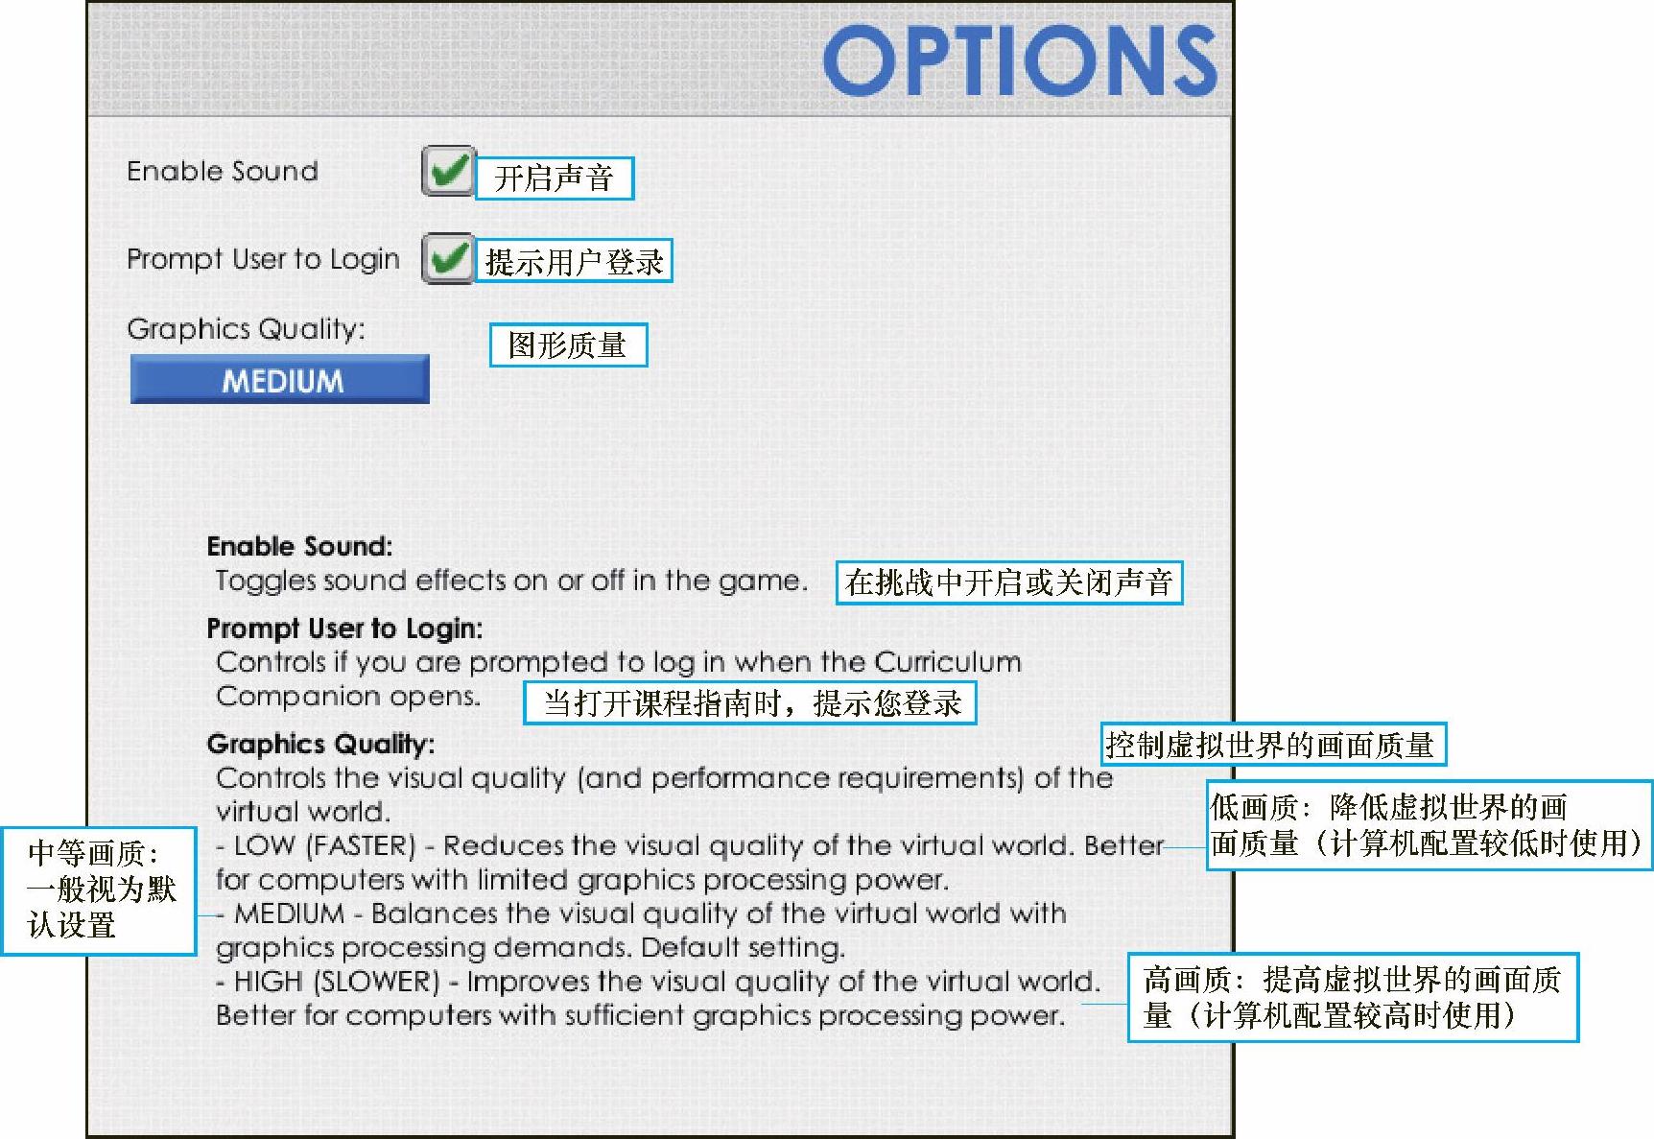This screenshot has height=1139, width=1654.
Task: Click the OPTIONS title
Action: [x=1020, y=60]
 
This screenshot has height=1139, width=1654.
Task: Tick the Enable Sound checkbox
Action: [x=448, y=172]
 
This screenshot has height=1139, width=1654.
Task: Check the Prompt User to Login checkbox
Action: [x=448, y=258]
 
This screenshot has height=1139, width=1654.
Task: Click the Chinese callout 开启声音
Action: [x=555, y=178]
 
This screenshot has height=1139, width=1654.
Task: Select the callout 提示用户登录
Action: [x=574, y=261]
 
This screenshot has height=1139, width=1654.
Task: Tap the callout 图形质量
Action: [x=568, y=344]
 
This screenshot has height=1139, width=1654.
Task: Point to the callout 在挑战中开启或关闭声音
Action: [x=1009, y=582]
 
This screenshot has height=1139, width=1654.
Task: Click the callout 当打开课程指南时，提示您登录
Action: [x=750, y=702]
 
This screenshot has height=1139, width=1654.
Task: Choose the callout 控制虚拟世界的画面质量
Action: [x=1272, y=745]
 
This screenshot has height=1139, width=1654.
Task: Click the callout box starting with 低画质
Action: [x=1430, y=825]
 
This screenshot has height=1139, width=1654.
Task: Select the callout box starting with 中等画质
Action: [x=99, y=890]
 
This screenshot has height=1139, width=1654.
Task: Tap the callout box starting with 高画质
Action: [x=1353, y=997]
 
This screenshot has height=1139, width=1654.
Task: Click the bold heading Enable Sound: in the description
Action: [x=299, y=547]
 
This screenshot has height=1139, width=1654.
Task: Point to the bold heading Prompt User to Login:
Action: [x=344, y=629]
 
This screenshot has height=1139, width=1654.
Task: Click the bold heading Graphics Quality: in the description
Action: [x=320, y=745]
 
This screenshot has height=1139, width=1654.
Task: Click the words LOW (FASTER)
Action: [x=325, y=845]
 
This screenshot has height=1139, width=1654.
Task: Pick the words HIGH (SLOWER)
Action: [x=337, y=982]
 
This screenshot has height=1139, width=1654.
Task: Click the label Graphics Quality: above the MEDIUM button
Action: [x=246, y=329]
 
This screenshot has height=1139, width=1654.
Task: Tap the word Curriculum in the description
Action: [x=948, y=662]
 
